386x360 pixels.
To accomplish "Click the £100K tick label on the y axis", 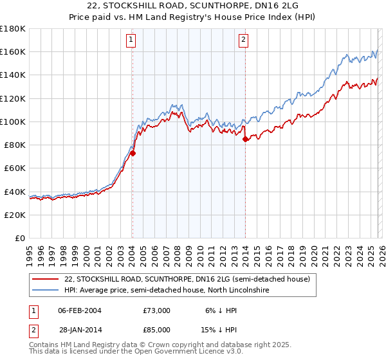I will tap(13, 122).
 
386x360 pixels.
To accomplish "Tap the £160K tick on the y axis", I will tap(13, 51).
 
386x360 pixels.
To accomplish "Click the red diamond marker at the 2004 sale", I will tap(133, 153).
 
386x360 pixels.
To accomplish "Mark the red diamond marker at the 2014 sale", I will tap(246, 139).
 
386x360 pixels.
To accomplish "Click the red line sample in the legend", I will tap(46, 280).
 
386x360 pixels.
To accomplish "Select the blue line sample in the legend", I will tap(46, 291).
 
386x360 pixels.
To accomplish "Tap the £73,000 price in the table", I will tap(156, 310).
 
